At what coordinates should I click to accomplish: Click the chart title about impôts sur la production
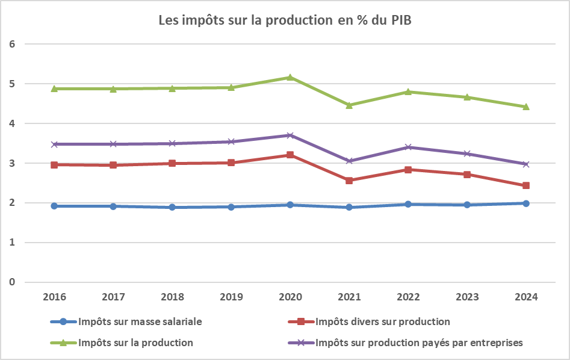click(285, 20)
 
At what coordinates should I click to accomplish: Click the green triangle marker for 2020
click(290, 77)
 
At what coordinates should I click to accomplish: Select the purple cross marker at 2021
click(349, 161)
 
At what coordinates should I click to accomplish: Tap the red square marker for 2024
click(525, 185)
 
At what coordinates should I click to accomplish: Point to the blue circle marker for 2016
click(55, 206)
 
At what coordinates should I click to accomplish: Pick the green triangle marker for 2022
click(408, 92)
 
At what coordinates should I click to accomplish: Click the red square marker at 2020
click(290, 155)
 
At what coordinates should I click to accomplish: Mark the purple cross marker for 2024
click(525, 164)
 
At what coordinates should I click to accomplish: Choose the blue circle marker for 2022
click(408, 204)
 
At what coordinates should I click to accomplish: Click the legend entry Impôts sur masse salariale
click(140, 321)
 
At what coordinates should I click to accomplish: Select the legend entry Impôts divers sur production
click(382, 321)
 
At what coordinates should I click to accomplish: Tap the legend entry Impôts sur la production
click(135, 343)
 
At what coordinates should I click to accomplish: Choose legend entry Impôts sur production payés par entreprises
click(419, 343)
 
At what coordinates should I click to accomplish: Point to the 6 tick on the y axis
click(11, 44)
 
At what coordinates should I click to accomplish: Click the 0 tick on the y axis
click(11, 282)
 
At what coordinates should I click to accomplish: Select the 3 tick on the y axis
click(11, 163)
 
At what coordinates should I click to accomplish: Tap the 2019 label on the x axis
click(231, 297)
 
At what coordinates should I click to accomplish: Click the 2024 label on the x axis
click(525, 297)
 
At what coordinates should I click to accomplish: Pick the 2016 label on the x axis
click(55, 297)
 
